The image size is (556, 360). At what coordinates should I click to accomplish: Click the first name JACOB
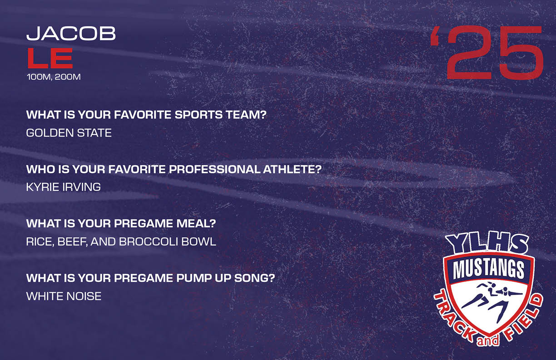[71, 33]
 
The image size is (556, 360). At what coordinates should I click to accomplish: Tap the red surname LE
[50, 58]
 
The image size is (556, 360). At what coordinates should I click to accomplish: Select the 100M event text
[39, 77]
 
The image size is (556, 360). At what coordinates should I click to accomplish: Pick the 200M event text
[68, 77]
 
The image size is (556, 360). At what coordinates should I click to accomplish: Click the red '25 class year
[487, 53]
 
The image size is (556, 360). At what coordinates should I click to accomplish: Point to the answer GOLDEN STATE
[69, 133]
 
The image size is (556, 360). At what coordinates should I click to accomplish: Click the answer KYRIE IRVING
[63, 187]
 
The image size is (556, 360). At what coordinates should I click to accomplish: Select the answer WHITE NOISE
[64, 296]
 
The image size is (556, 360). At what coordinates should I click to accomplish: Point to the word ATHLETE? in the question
[293, 169]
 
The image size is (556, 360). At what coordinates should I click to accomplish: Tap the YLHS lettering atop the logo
[487, 244]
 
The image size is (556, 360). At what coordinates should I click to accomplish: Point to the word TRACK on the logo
[455, 318]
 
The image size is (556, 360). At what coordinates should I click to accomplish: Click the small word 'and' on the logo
[488, 341]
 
